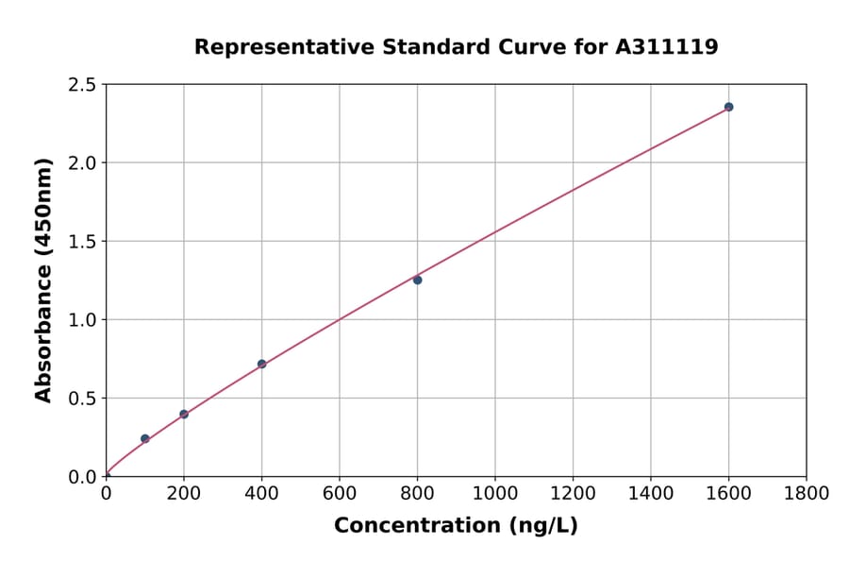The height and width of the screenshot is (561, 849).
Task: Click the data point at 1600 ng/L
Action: [x=728, y=107]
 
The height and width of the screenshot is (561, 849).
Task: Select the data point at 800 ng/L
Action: [x=417, y=280]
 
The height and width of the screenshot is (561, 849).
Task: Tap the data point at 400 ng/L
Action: [x=261, y=364]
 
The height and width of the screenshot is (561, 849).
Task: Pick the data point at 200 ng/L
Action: [x=184, y=415]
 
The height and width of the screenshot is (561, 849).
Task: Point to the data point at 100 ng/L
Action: [x=144, y=438]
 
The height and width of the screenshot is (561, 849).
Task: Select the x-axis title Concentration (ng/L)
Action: [x=456, y=525]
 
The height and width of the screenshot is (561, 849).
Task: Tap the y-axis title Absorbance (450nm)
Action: [x=43, y=280]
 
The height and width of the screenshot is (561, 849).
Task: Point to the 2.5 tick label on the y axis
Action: [x=83, y=85]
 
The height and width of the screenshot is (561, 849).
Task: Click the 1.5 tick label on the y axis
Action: [x=83, y=242]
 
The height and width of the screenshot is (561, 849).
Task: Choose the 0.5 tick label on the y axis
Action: [x=83, y=399]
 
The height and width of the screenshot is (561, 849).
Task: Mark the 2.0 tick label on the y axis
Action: [x=83, y=163]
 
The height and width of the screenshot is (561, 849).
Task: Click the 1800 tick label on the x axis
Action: [x=806, y=493]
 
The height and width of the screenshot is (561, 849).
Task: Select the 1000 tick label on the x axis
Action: [x=495, y=493]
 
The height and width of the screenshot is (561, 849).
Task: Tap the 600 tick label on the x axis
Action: [x=340, y=493]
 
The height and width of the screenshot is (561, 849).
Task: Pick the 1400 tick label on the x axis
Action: [x=651, y=493]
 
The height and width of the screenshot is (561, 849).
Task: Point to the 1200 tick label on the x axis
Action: [x=573, y=493]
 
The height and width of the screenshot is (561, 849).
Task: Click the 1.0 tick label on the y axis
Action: [x=83, y=320]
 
